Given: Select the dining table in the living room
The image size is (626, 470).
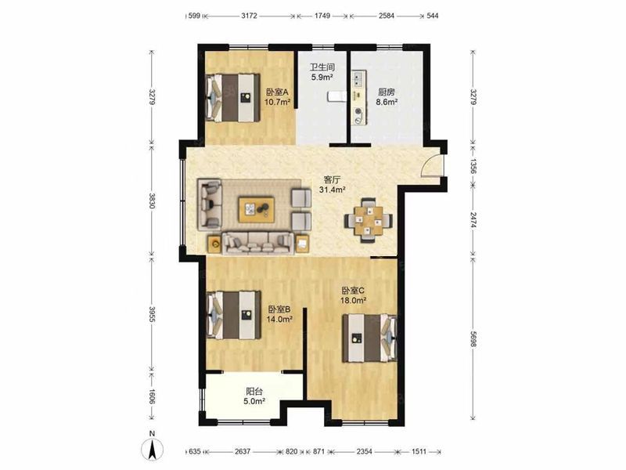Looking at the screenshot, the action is (x=369, y=220).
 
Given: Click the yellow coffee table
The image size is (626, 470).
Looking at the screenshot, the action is (x=257, y=209).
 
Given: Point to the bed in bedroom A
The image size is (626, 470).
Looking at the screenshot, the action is (x=232, y=97).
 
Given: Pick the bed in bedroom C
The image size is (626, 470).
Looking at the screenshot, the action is (x=369, y=338).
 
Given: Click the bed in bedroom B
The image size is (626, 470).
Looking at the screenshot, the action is (x=233, y=315).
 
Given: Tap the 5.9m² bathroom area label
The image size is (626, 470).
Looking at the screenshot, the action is (x=322, y=77).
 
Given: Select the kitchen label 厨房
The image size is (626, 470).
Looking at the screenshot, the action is (x=387, y=92).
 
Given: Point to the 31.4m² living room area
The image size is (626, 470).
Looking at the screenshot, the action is (x=332, y=190).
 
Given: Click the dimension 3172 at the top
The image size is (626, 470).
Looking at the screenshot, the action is (x=250, y=16).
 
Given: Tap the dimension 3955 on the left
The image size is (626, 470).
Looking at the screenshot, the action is (x=152, y=315).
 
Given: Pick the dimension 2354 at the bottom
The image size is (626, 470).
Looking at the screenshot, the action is (x=364, y=452).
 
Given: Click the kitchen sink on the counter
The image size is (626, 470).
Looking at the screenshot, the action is (x=358, y=79).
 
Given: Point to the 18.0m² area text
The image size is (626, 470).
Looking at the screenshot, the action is (x=354, y=300).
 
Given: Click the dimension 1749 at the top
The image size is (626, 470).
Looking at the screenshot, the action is (x=322, y=16).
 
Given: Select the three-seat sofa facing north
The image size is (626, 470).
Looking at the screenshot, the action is (x=258, y=243).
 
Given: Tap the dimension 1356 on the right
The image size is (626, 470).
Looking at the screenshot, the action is (x=473, y=166).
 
